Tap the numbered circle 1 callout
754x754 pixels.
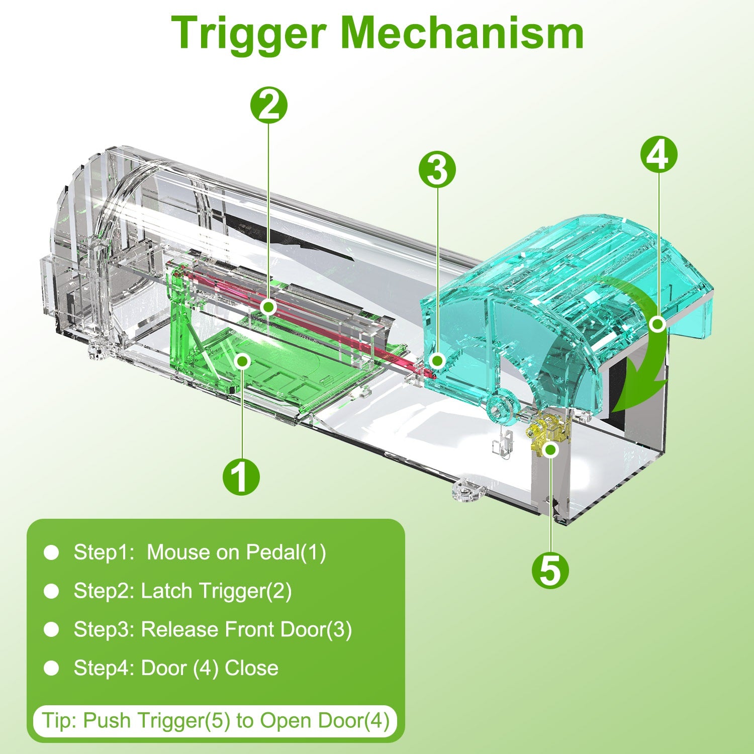point(241,477)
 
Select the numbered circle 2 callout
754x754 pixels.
point(269,106)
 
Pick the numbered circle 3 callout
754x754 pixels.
point(437,170)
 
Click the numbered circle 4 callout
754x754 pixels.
point(659,154)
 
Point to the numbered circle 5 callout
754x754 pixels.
point(550,570)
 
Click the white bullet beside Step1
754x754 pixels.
point(51,553)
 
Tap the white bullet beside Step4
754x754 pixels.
point(51,669)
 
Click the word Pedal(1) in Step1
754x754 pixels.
point(286,552)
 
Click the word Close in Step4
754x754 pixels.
point(251,668)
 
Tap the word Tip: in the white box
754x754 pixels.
point(59,720)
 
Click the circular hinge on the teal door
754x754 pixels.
point(500,408)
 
